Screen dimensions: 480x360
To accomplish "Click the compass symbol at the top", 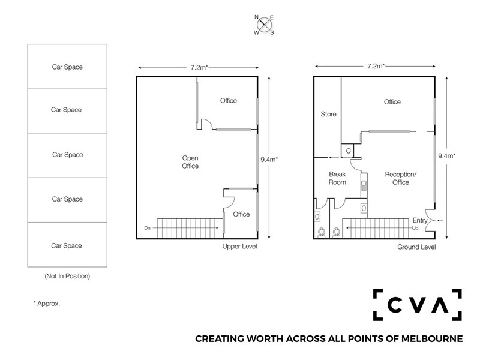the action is (x=264, y=25).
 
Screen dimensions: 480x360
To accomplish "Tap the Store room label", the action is (x=328, y=114).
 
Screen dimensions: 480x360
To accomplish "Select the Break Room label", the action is (x=337, y=178).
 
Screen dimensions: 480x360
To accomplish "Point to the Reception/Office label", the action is (x=400, y=178).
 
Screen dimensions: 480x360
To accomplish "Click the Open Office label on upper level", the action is (x=190, y=162).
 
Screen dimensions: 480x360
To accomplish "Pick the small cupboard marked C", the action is (x=348, y=151).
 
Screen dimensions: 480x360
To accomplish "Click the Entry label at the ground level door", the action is (x=419, y=220).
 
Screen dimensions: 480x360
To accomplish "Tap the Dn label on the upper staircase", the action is (x=147, y=228).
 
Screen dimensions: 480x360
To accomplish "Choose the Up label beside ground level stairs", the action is (x=415, y=228).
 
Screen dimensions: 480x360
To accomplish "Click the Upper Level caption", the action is (x=239, y=247).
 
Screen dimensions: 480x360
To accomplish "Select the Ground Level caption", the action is (x=416, y=247).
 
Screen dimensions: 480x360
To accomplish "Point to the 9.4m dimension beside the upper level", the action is (x=269, y=160).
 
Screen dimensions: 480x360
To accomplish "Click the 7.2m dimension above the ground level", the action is (x=376, y=66).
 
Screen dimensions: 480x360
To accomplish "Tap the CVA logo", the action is (x=417, y=305).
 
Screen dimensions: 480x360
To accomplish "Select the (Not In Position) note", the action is (x=67, y=276).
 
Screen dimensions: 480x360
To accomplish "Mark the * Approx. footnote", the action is (x=47, y=304).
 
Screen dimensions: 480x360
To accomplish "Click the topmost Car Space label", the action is (x=67, y=67).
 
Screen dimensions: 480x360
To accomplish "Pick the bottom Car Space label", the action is (x=67, y=246).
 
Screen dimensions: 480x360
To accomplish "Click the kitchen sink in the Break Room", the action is (x=364, y=185).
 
